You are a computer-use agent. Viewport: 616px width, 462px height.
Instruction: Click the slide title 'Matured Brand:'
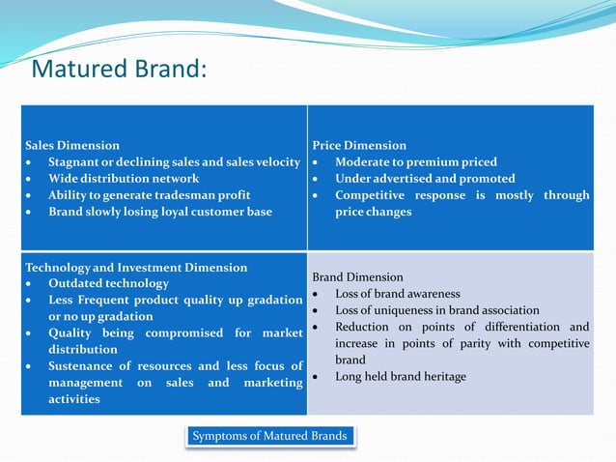click(119, 71)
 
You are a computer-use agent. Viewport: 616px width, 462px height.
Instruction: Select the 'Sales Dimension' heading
click(72, 145)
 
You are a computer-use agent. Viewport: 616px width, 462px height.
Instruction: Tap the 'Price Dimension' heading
click(359, 145)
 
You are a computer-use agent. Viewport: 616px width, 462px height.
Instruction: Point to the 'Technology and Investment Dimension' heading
click(136, 267)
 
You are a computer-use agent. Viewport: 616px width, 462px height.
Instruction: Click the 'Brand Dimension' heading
click(357, 276)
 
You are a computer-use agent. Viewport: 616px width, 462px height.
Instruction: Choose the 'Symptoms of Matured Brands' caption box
click(269, 436)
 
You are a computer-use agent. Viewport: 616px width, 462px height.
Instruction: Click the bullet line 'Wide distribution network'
click(124, 178)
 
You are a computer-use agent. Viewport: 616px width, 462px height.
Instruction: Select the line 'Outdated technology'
click(108, 283)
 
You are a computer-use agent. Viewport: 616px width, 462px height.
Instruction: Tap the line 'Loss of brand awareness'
click(398, 293)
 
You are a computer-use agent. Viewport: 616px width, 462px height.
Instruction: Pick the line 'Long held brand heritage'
click(400, 376)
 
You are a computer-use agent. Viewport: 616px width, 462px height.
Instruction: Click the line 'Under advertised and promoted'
click(425, 178)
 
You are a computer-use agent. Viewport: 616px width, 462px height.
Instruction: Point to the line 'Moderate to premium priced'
click(416, 161)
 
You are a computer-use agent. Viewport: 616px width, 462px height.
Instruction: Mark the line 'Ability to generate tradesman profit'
click(150, 194)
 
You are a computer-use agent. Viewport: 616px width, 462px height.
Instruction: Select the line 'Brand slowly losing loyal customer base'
click(160, 211)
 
